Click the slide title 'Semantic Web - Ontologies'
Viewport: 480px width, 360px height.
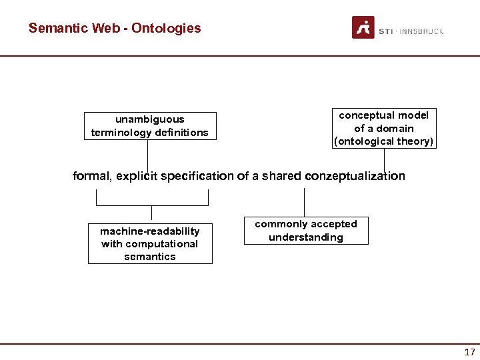(115, 28)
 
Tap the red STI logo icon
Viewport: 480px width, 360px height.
(363, 28)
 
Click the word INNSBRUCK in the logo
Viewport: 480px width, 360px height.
(421, 31)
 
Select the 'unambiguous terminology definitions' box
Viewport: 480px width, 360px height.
(150, 126)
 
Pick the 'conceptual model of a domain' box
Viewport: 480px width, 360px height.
(384, 128)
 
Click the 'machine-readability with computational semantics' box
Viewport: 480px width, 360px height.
(150, 244)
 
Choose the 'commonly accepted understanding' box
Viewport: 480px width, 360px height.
(306, 231)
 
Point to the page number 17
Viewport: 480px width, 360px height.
(469, 352)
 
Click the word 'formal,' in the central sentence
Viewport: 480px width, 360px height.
(93, 176)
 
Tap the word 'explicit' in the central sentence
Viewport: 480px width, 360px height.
(137, 176)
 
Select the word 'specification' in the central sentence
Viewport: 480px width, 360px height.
(197, 176)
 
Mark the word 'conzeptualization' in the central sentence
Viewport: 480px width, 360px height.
(355, 176)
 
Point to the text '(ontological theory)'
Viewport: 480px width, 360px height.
(384, 141)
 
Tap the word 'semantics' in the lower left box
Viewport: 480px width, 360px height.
(150, 257)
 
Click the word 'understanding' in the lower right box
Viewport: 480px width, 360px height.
(306, 237)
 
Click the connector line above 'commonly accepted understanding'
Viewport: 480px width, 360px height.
(304, 203)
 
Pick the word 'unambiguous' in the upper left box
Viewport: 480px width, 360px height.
(150, 119)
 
